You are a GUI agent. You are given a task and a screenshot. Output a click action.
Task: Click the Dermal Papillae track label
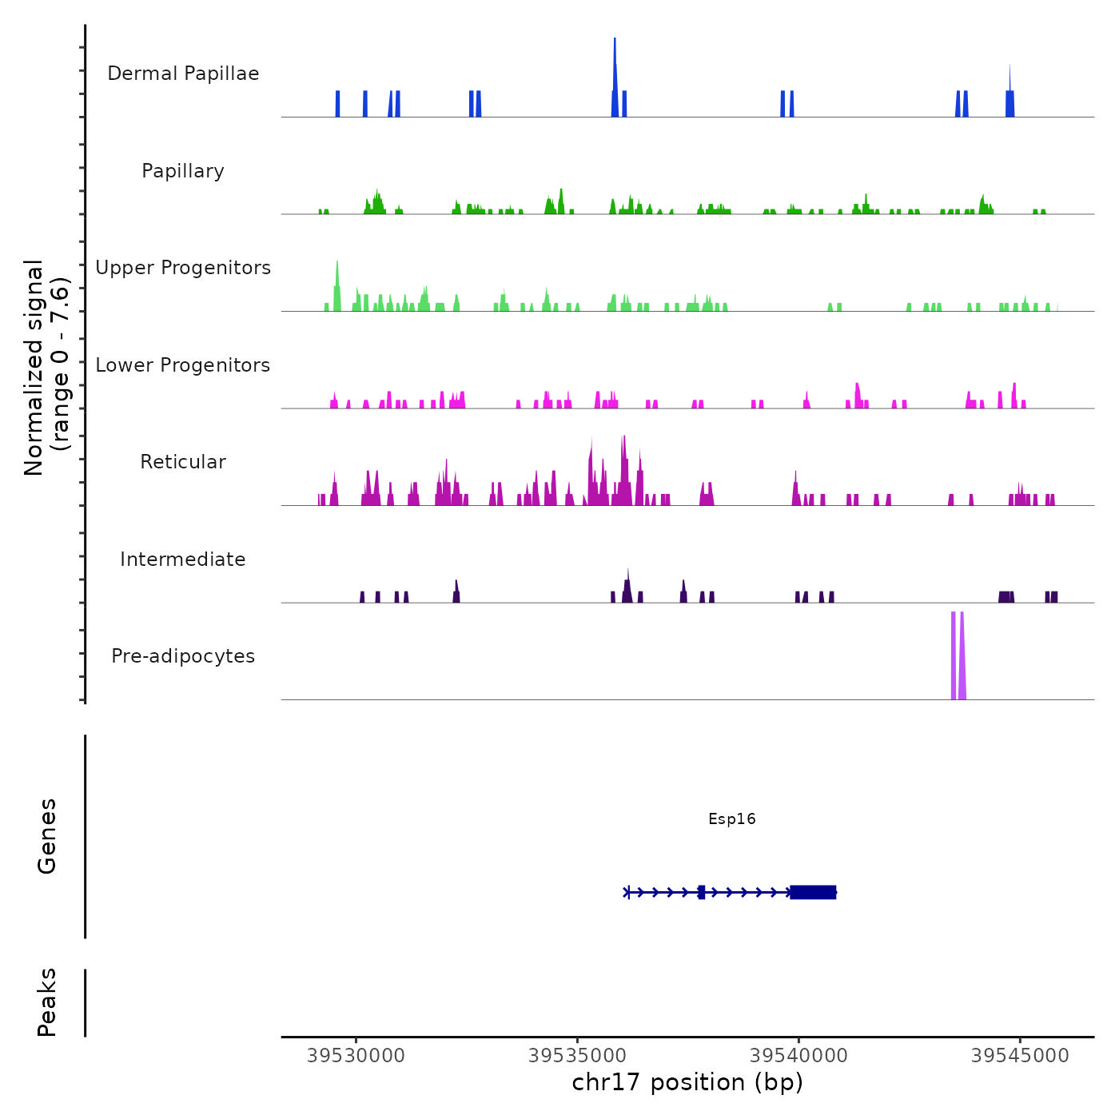(x=183, y=74)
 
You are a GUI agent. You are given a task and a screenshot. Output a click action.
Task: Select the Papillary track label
(x=183, y=171)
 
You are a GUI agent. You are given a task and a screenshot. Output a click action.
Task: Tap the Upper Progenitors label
(x=183, y=268)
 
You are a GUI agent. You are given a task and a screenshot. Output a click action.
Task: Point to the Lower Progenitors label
(x=183, y=365)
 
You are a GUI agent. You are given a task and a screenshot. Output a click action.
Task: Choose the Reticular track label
(x=183, y=462)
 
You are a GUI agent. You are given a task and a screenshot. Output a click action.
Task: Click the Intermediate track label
(x=183, y=559)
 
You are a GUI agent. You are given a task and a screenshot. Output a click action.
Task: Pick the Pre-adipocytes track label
(x=183, y=656)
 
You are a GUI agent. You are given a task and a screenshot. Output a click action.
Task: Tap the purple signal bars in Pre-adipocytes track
(x=958, y=655)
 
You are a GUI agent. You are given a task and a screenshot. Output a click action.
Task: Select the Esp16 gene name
(x=731, y=818)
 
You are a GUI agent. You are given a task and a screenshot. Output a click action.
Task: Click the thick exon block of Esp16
(x=813, y=892)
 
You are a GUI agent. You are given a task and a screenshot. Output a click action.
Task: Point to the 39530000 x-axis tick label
(x=356, y=1056)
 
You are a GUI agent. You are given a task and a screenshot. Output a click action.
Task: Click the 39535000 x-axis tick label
(x=578, y=1056)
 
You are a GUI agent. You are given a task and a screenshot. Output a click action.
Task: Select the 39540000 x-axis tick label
(x=798, y=1056)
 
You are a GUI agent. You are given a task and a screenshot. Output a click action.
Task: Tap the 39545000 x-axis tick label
(x=1020, y=1056)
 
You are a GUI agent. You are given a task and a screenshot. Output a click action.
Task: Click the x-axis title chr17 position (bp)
(x=687, y=1082)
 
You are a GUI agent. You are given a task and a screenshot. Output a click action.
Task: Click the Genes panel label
(x=47, y=836)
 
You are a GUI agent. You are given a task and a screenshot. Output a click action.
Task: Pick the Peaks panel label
(x=47, y=1002)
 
